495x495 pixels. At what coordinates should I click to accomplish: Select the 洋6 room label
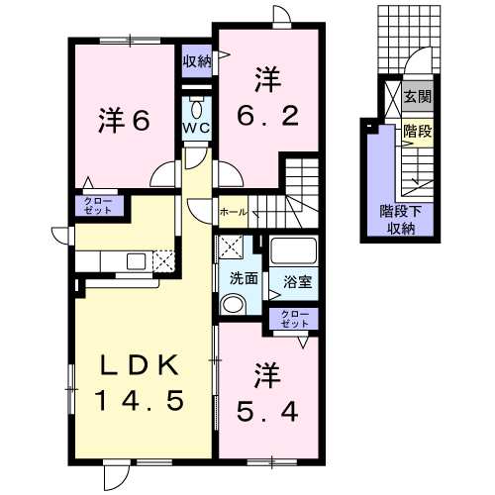tap(124, 121)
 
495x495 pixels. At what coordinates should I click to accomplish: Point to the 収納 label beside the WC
tap(197, 61)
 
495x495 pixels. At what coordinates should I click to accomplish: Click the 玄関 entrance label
tap(418, 97)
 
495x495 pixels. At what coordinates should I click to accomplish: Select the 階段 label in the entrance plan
tap(417, 130)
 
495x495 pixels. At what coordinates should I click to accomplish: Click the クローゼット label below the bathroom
tap(294, 320)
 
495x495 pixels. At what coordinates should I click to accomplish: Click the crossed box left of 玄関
tap(394, 97)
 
